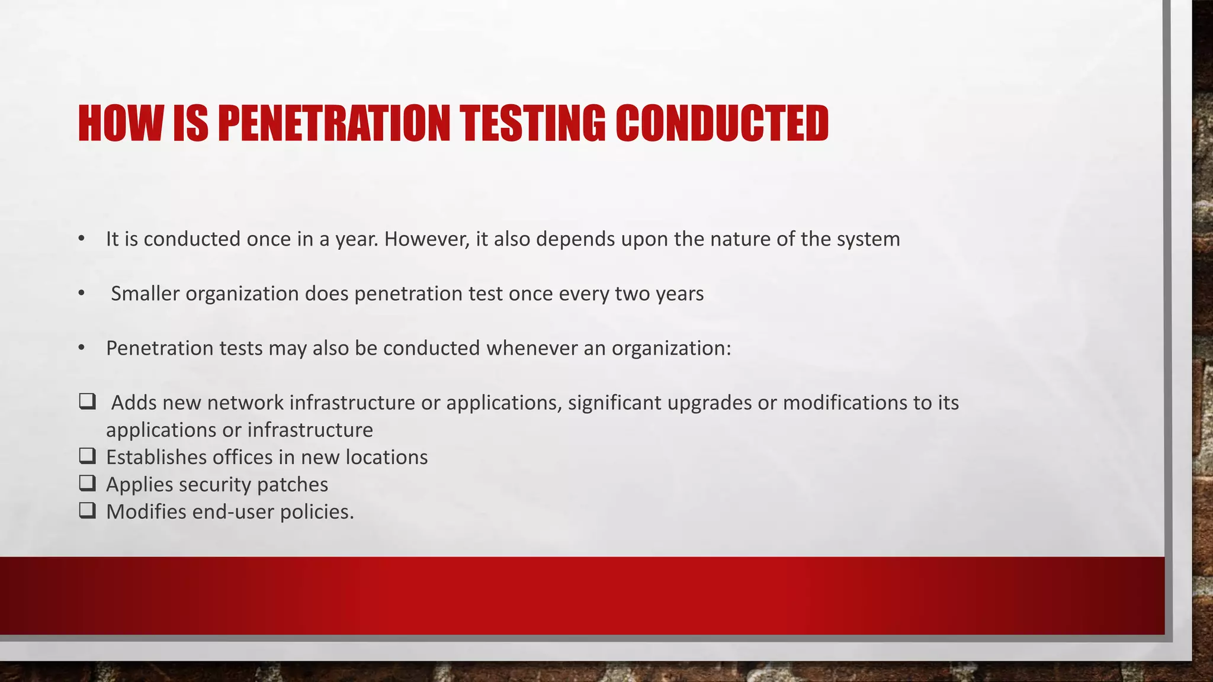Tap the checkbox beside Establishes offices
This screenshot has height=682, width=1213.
(87, 456)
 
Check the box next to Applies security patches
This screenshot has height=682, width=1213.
(87, 483)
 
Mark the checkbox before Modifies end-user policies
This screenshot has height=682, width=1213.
(87, 510)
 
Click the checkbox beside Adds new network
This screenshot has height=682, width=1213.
(87, 401)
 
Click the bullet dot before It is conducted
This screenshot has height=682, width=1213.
(82, 239)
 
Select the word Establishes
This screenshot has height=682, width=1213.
(156, 458)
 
